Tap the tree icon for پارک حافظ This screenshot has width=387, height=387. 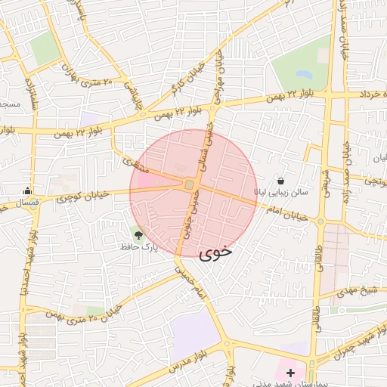[138, 235]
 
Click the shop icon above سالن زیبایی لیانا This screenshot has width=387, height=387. [281, 181]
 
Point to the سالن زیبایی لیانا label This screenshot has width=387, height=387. [281, 193]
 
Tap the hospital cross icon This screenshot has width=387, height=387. [290, 373]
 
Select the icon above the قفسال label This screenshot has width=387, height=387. [28, 190]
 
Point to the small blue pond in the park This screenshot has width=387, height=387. [304, 75]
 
